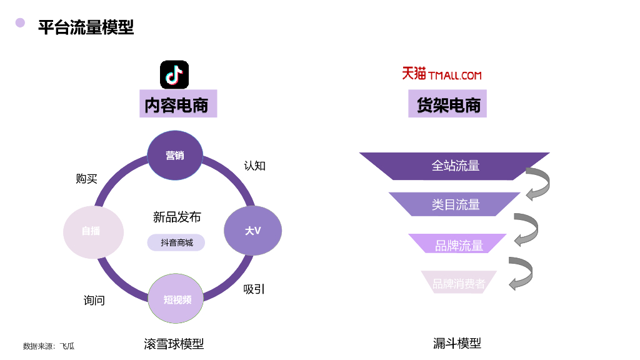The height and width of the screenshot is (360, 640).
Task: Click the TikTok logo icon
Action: [x=174, y=75]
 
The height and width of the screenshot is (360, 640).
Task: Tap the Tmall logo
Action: [x=441, y=74]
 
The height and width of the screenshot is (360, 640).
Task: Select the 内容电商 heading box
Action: [x=177, y=104]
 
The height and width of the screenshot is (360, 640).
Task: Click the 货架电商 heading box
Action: [x=449, y=104]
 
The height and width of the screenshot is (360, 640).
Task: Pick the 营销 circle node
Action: [x=175, y=156]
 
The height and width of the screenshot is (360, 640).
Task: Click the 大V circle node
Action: [x=252, y=231]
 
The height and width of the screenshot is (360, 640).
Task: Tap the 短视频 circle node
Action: [x=177, y=299]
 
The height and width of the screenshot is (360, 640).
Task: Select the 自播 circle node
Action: [x=91, y=231]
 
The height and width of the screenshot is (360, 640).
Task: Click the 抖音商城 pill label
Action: [x=176, y=242]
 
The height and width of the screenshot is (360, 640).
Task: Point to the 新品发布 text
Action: [x=177, y=217]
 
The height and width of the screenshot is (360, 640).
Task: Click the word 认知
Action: [x=254, y=166]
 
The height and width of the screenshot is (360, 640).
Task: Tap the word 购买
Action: [x=86, y=179]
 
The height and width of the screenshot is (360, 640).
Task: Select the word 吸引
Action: [x=254, y=289]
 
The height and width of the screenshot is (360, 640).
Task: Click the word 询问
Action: [x=94, y=301]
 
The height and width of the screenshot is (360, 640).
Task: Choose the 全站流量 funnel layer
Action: [x=455, y=166]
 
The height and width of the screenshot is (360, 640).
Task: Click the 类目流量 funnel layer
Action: [x=455, y=204]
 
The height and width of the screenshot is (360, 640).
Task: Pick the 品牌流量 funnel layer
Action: [x=458, y=244]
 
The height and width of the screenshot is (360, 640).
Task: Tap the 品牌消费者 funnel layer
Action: [x=459, y=283]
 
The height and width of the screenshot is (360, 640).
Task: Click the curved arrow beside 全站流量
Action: [x=538, y=184]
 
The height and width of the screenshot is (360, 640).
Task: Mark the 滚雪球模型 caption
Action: [x=174, y=344]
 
